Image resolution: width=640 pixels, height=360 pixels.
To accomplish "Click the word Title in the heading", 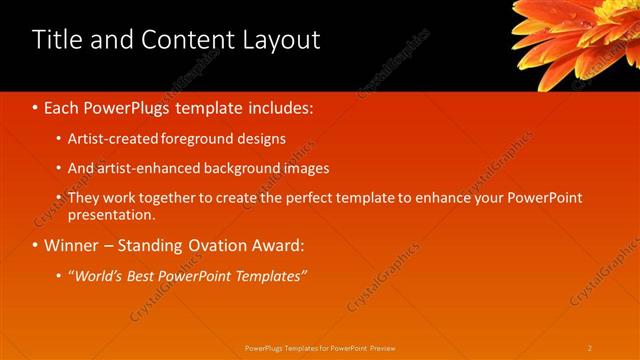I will [59, 40].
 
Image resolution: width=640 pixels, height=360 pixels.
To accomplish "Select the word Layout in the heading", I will [279, 40].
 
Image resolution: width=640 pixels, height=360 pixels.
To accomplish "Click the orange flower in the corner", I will [580, 35].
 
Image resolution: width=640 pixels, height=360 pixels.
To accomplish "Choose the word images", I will [306, 168].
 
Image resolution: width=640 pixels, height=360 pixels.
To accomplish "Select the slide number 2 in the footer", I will [590, 347].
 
